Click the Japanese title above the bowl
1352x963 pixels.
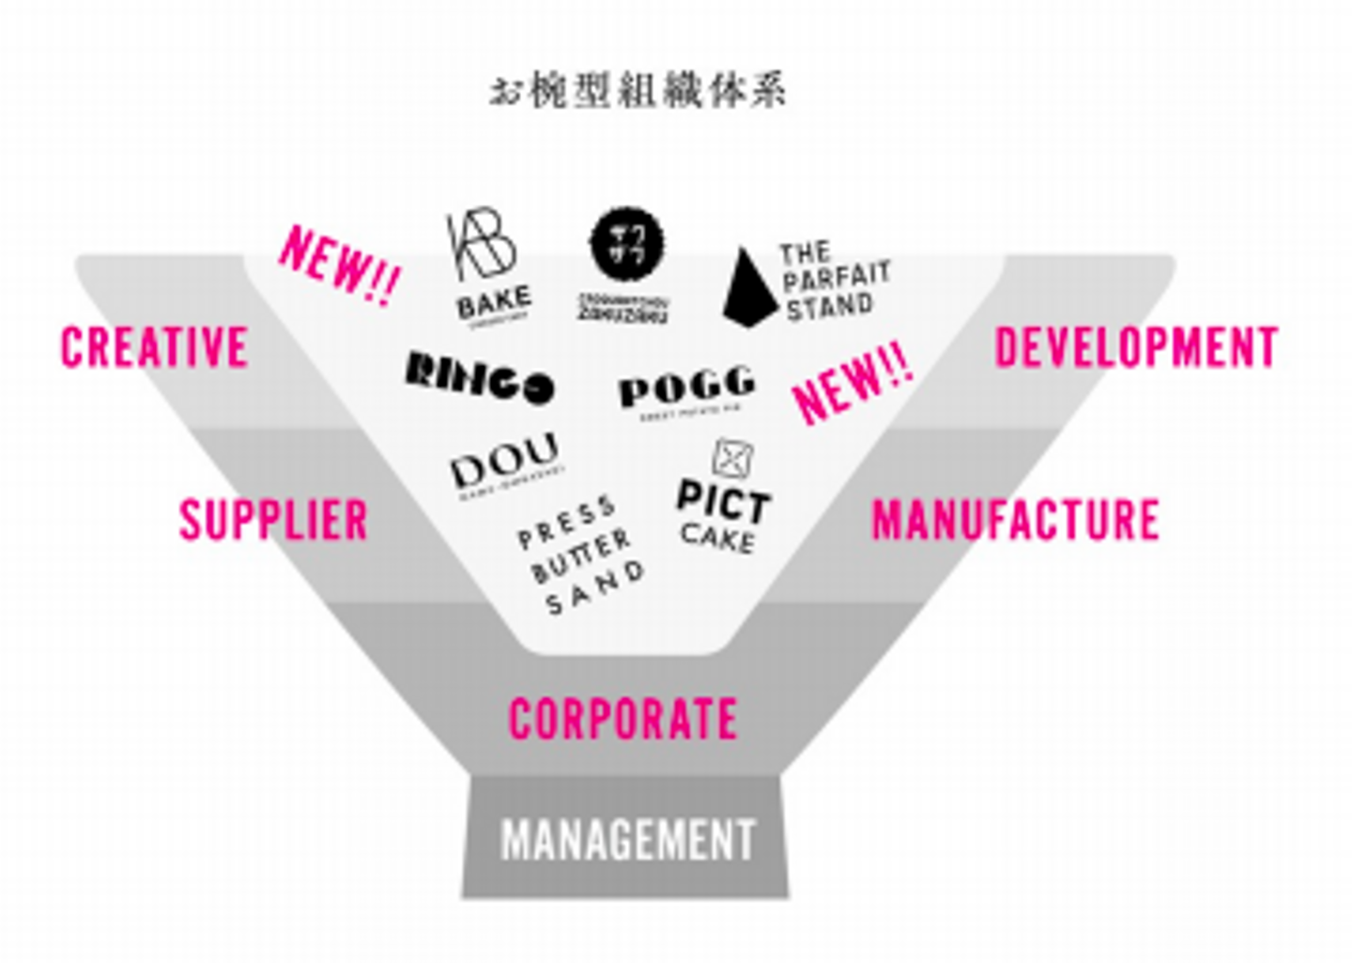tap(638, 91)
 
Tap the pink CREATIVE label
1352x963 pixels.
tap(154, 347)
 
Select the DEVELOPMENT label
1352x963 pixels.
tap(1136, 348)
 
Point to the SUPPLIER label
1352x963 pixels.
tap(273, 520)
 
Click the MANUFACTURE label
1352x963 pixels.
tap(1015, 520)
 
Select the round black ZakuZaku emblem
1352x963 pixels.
tap(625, 244)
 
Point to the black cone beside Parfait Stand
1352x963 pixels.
tap(747, 287)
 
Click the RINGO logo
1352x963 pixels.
tap(479, 377)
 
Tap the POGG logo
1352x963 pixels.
tap(686, 388)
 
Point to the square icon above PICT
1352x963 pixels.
tap(731, 458)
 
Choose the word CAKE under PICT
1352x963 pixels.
tap(717, 538)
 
